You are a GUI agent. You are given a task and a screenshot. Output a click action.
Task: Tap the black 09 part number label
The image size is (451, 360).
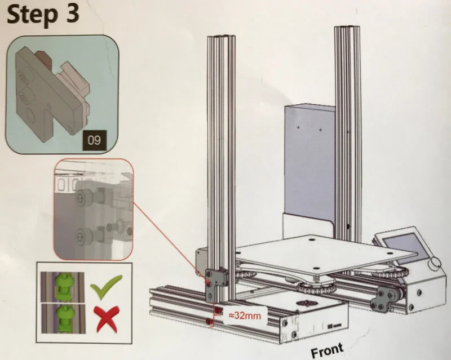(95, 140)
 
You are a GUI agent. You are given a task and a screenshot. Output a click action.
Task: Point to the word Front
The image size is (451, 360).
(326, 351)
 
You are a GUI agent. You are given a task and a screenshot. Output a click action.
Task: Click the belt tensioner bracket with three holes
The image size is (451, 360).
(386, 296)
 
